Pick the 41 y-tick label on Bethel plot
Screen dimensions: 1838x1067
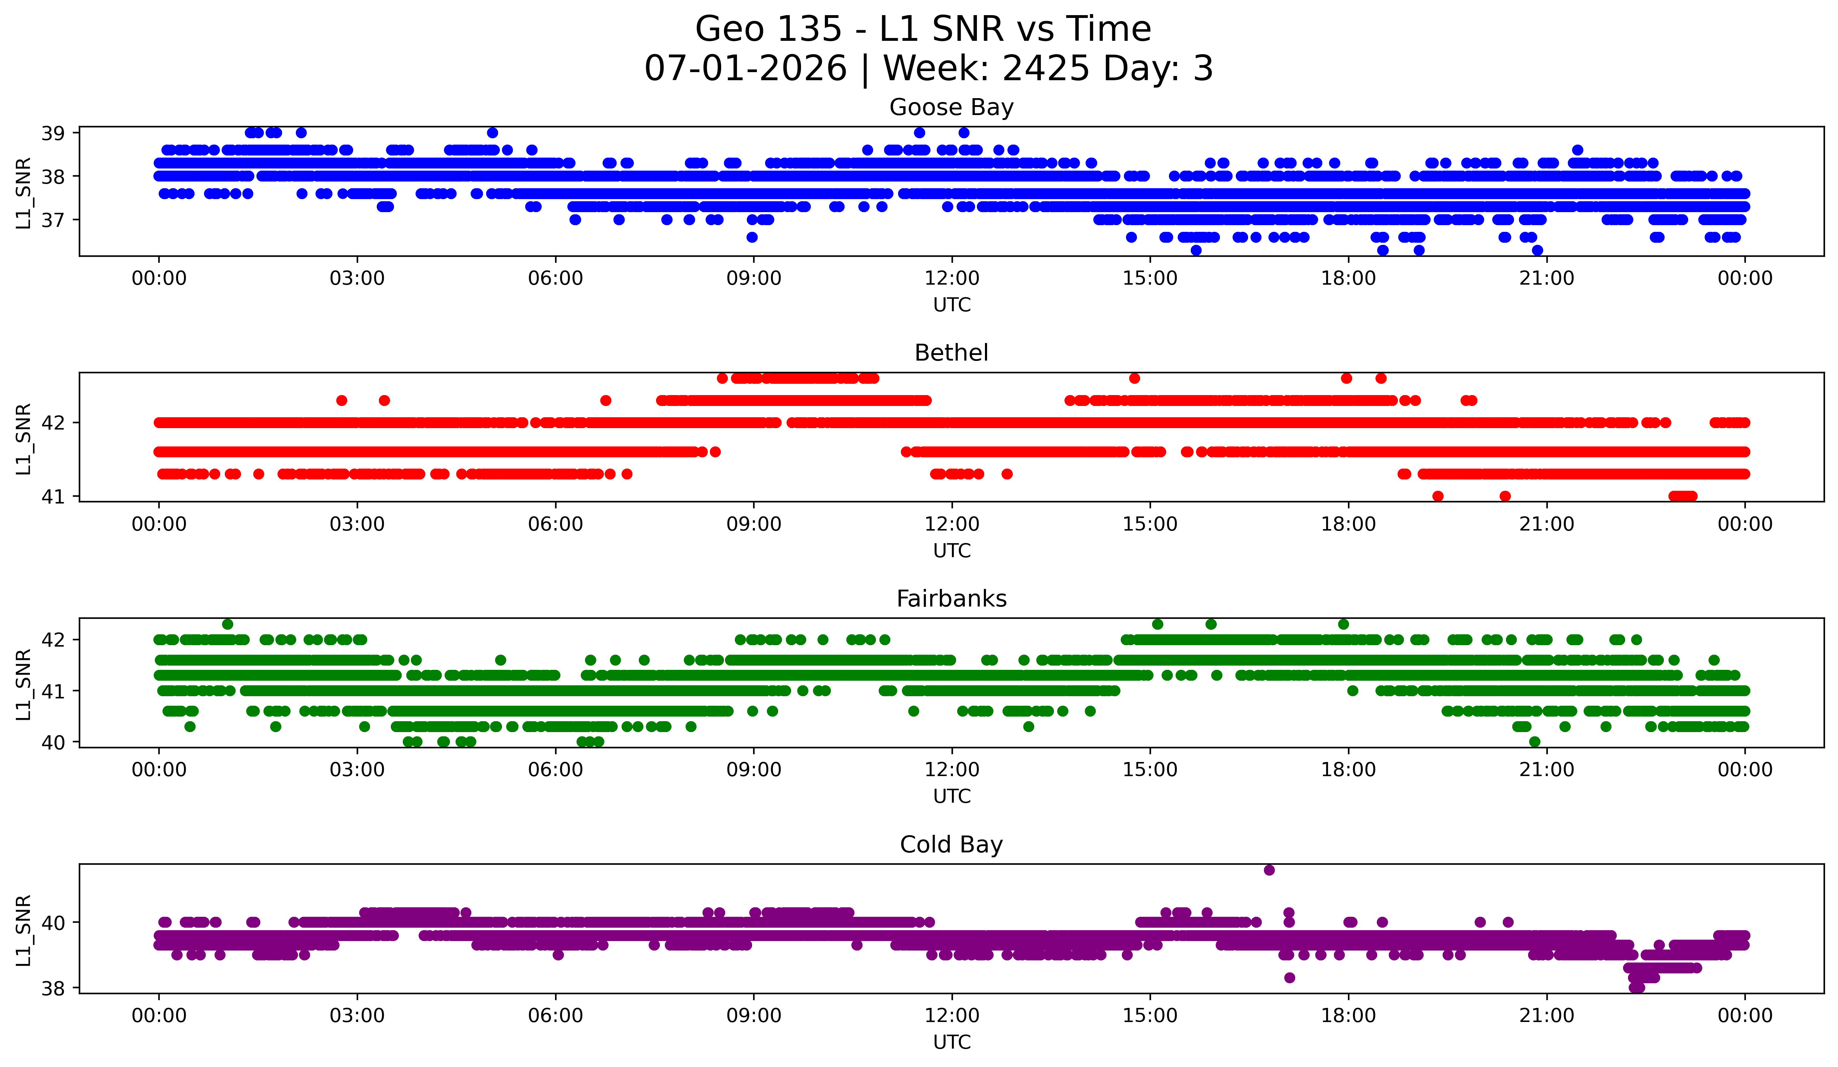click(52, 497)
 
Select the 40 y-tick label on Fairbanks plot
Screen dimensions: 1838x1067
click(52, 742)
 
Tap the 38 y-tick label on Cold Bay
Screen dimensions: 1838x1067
click(52, 988)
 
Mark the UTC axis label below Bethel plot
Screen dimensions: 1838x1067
click(952, 551)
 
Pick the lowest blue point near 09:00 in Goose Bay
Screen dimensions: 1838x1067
click(752, 237)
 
